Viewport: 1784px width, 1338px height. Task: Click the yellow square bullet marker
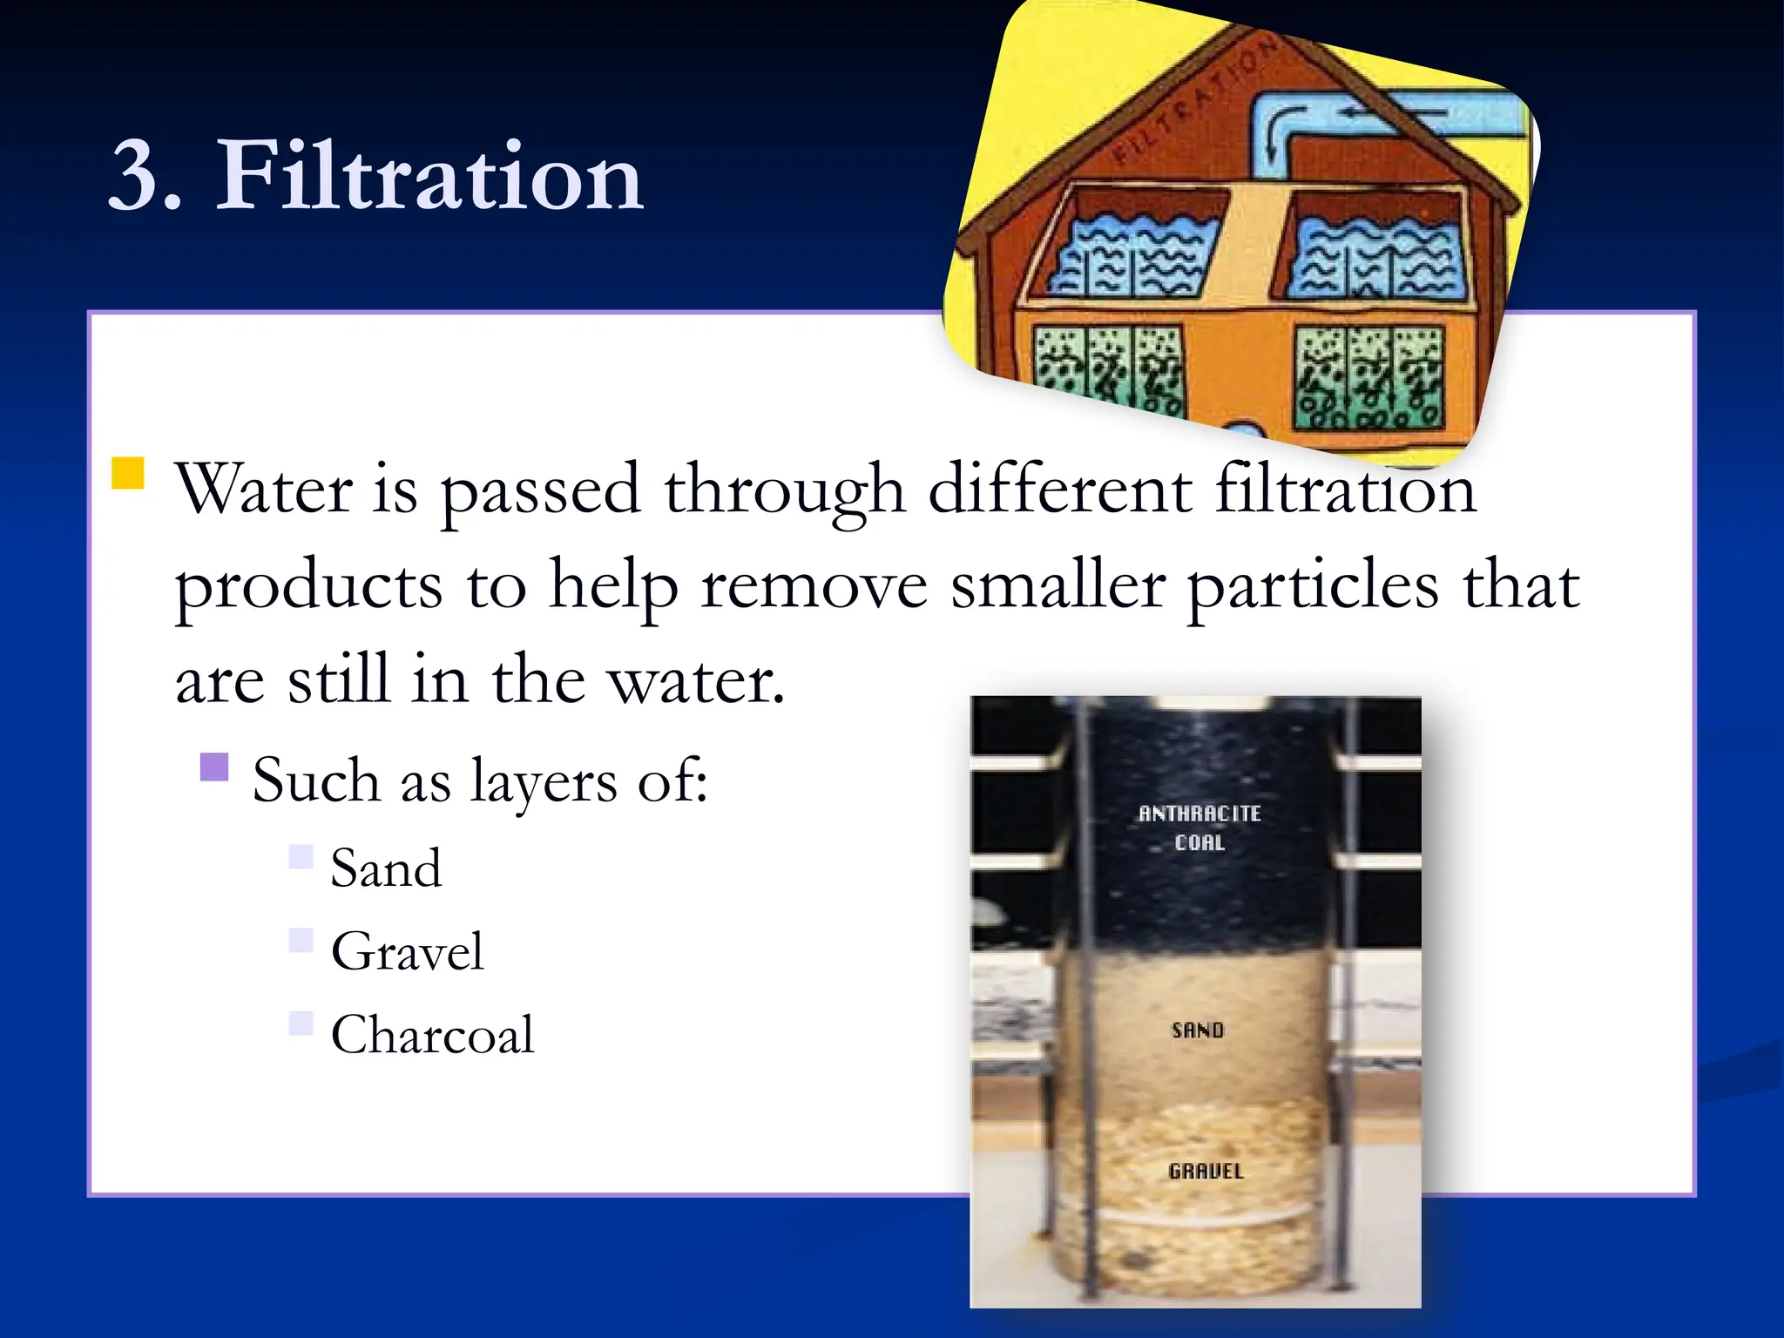coord(128,473)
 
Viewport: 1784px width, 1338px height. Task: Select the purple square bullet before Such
coord(214,767)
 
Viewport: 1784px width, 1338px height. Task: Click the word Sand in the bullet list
coord(386,868)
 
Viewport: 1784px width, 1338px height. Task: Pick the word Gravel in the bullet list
coord(407,951)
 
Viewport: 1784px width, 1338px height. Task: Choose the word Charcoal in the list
coord(432,1035)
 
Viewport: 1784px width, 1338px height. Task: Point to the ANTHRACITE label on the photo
coord(1199,814)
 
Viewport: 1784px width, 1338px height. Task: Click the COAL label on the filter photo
coord(1199,843)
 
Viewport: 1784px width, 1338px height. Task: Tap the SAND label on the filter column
coord(1198,1031)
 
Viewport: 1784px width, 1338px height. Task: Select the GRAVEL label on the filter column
coord(1206,1172)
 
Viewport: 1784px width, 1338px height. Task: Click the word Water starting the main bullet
coord(264,490)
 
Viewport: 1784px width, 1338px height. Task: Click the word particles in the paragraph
coord(1313,585)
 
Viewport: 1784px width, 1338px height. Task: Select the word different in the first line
coord(1059,490)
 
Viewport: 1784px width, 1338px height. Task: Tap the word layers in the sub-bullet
coord(543,781)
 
